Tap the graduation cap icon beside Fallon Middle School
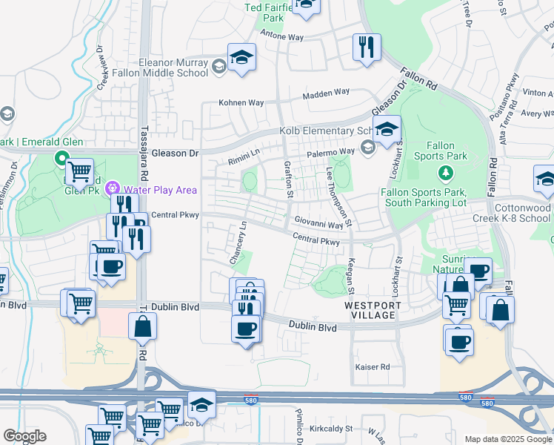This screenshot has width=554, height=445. pyautogui.click(x=241, y=58)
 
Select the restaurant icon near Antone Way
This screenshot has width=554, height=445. pyautogui.click(x=366, y=47)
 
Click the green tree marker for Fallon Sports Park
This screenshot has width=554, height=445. pyautogui.click(x=445, y=174)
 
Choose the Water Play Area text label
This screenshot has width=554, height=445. pyautogui.click(x=160, y=190)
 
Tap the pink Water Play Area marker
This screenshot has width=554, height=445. pyautogui.click(x=113, y=188)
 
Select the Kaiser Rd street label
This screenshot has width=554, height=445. pyautogui.click(x=373, y=367)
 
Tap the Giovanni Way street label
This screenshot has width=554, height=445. pyautogui.click(x=318, y=222)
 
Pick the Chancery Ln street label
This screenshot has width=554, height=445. pyautogui.click(x=238, y=244)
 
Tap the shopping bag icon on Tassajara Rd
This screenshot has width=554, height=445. pyautogui.click(x=142, y=326)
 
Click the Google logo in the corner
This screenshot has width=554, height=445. pyautogui.click(x=24, y=436)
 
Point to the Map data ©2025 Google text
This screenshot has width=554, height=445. pyautogui.click(x=508, y=439)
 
